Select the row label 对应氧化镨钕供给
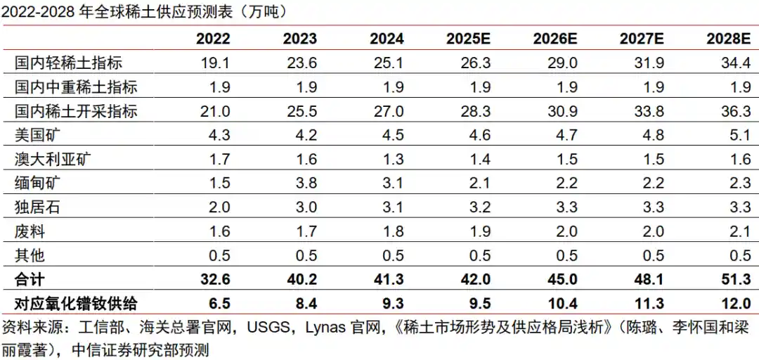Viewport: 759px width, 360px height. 76,304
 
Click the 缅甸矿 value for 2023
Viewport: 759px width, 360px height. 304,184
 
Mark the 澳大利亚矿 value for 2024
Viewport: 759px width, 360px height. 390,160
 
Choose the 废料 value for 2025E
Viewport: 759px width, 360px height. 476,231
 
